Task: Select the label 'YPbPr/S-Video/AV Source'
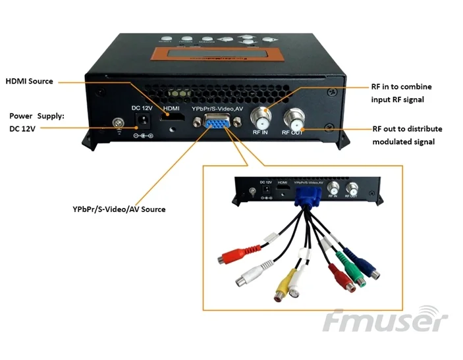point(119,209)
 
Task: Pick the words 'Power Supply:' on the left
point(37,115)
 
